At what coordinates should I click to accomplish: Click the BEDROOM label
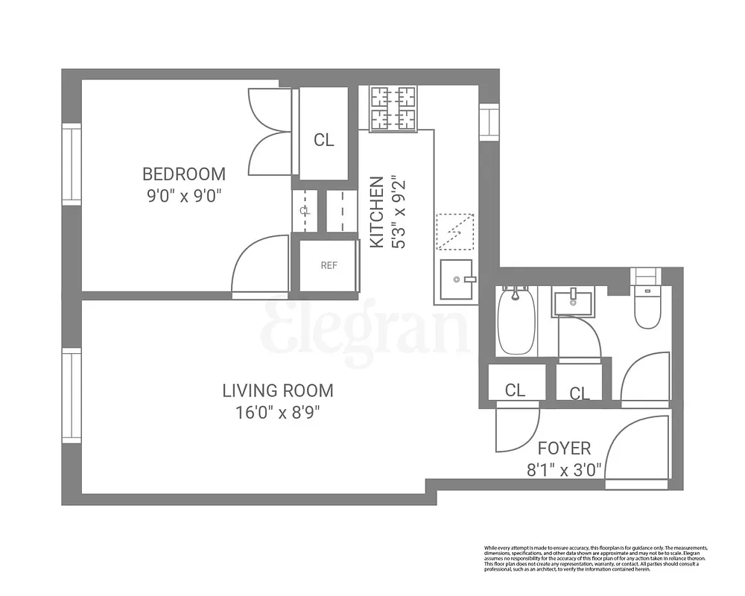(183, 174)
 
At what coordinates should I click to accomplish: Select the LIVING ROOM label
(278, 390)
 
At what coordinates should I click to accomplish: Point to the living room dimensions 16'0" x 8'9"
(278, 412)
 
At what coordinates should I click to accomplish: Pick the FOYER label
(564, 448)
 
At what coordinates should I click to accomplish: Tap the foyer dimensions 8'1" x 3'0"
(564, 470)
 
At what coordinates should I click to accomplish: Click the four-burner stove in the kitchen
(393, 108)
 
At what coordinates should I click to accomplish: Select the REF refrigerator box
(329, 265)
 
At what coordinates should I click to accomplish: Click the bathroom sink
(572, 302)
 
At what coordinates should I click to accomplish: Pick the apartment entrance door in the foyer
(638, 453)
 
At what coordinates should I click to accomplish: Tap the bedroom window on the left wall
(71, 164)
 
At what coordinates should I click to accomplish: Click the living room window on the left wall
(71, 396)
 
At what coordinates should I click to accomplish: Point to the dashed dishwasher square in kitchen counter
(454, 232)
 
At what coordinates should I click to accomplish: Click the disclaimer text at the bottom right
(595, 559)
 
